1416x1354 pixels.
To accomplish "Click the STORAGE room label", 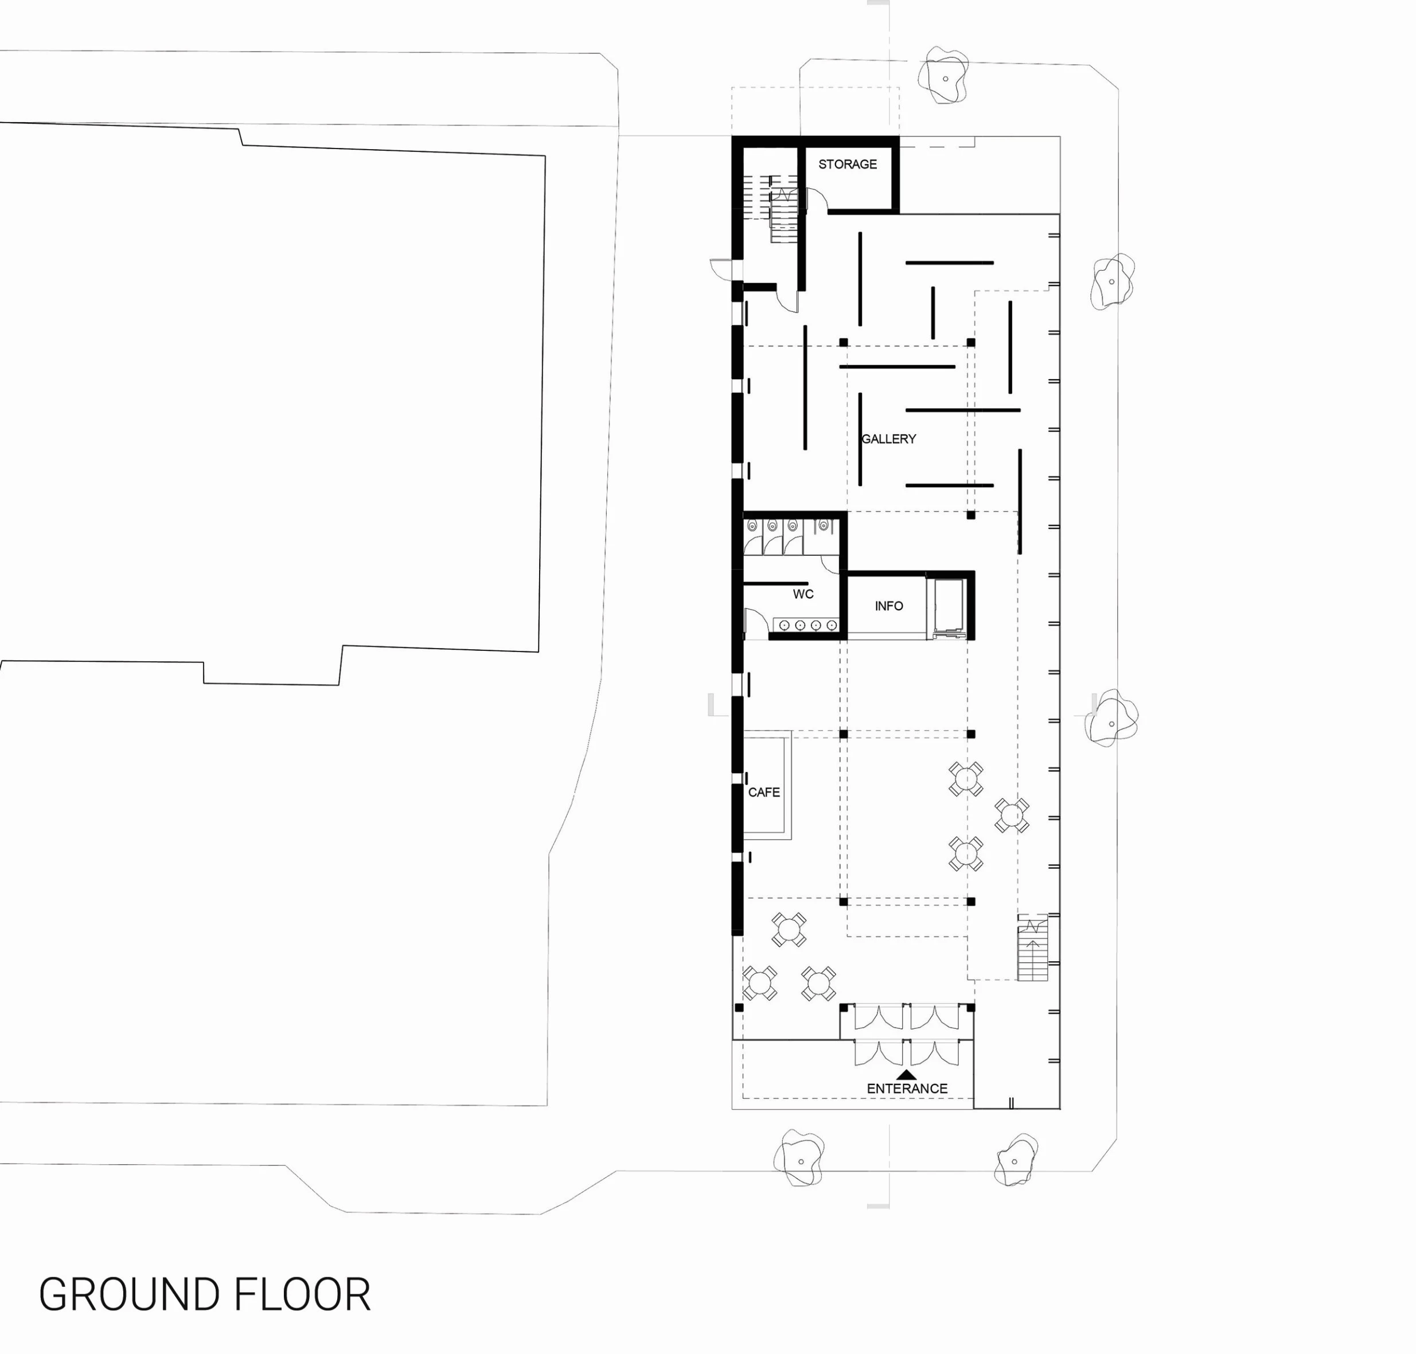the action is coord(847,164).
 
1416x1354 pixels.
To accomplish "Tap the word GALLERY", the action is coord(888,438).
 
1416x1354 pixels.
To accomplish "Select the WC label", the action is coord(803,594).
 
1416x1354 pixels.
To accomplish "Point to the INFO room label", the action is coord(888,606).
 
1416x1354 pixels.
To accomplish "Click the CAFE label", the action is coord(763,792).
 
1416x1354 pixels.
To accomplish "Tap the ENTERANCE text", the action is coord(907,1088).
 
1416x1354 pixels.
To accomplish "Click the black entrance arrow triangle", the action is coord(907,1075).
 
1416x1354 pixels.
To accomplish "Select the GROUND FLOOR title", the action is coord(204,1294).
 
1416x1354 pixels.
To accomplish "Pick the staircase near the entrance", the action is coord(1032,947).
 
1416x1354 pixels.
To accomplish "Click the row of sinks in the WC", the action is coord(806,625).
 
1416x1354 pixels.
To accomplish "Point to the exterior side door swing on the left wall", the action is coord(721,268).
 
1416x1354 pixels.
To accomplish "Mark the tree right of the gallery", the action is coord(1112,281).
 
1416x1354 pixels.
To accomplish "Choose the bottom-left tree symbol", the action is coord(799,1160).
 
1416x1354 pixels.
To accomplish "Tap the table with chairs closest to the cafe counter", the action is coord(789,930).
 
